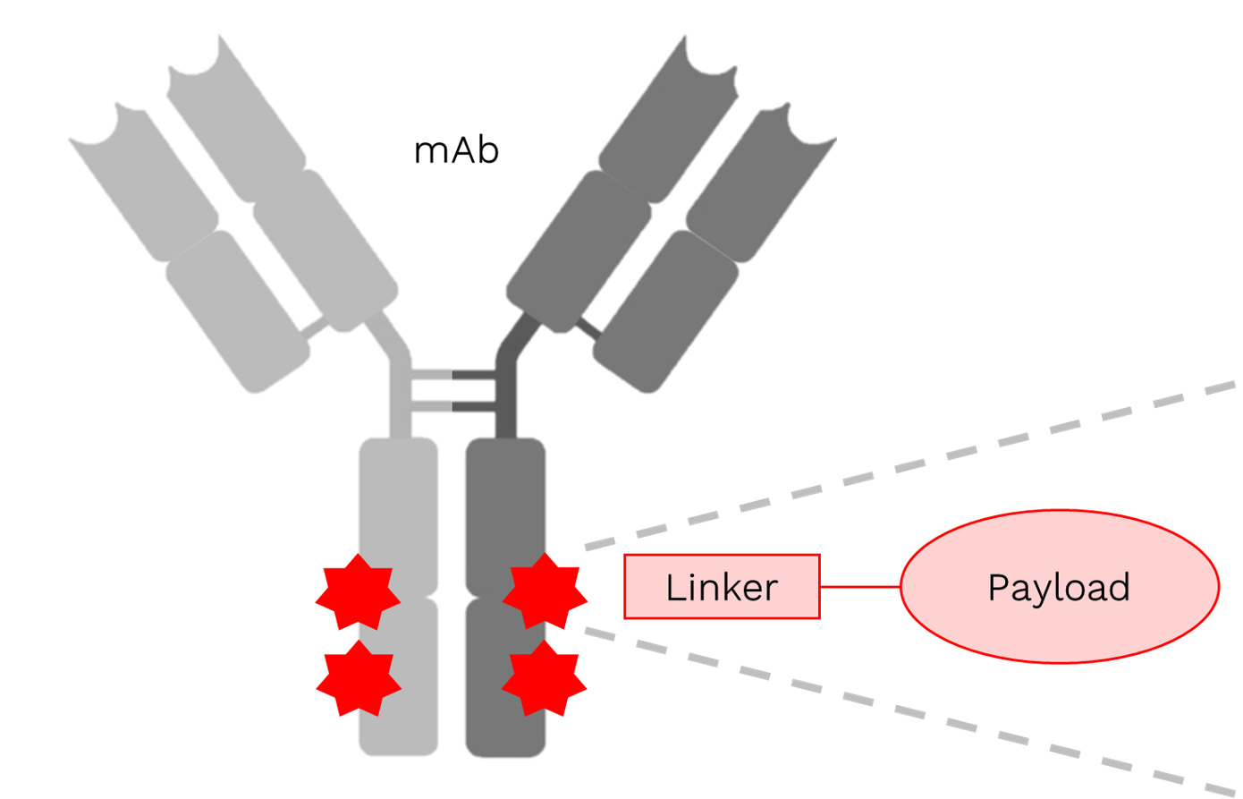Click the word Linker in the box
pyautogui.click(x=722, y=587)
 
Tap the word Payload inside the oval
pyautogui.click(x=1059, y=587)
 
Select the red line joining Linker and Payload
pyautogui.click(x=858, y=587)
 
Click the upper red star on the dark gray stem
pyautogui.click(x=545, y=591)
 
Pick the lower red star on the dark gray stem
pyautogui.click(x=544, y=678)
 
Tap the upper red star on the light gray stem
pyautogui.click(x=358, y=591)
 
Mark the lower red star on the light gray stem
pyautogui.click(x=358, y=678)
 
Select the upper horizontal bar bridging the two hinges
pyautogui.click(x=453, y=374)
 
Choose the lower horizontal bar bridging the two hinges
pyautogui.click(x=453, y=407)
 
